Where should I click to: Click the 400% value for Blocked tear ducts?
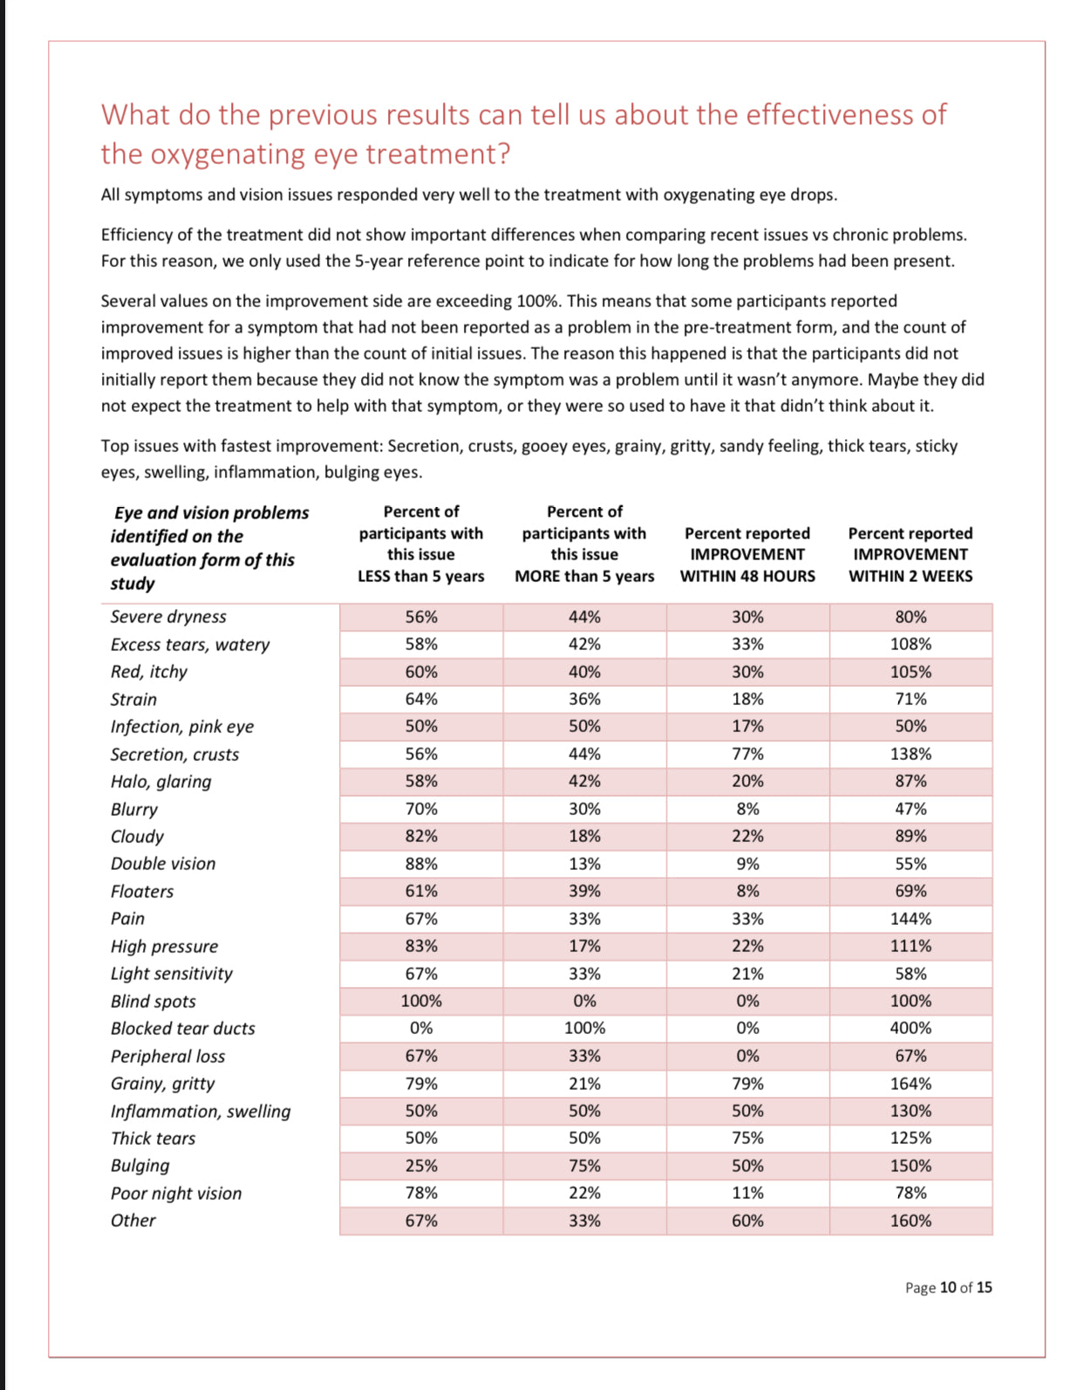click(910, 1028)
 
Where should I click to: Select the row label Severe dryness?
click(168, 617)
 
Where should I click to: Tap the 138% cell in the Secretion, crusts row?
click(910, 754)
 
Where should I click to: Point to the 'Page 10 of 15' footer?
click(948, 1288)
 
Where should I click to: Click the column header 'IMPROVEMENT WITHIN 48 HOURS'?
click(747, 554)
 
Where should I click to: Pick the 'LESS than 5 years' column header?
click(420, 544)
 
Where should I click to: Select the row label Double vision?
click(163, 864)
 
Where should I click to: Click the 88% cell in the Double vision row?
click(421, 864)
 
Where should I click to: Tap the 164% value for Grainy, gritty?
click(910, 1084)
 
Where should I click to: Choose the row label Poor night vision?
click(176, 1194)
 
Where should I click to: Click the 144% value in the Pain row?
click(910, 919)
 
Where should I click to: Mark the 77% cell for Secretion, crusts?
click(747, 754)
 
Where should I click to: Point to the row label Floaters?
click(142, 892)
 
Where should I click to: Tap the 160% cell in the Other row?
click(910, 1221)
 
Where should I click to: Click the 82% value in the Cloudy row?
click(421, 836)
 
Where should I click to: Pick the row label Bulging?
click(140, 1166)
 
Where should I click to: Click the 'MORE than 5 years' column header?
click(584, 544)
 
